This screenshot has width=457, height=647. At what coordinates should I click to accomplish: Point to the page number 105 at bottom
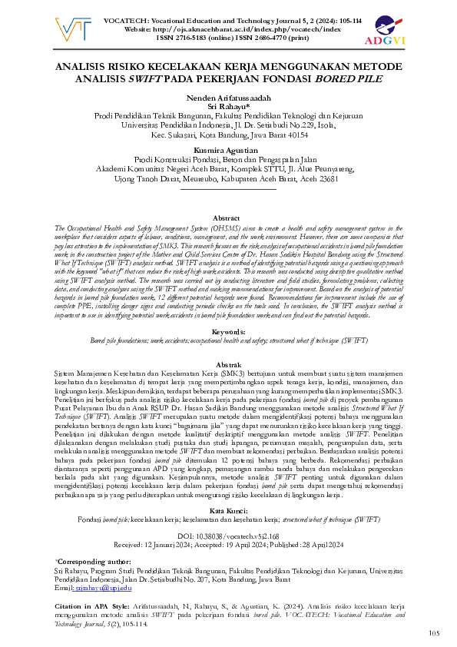[434, 632]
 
